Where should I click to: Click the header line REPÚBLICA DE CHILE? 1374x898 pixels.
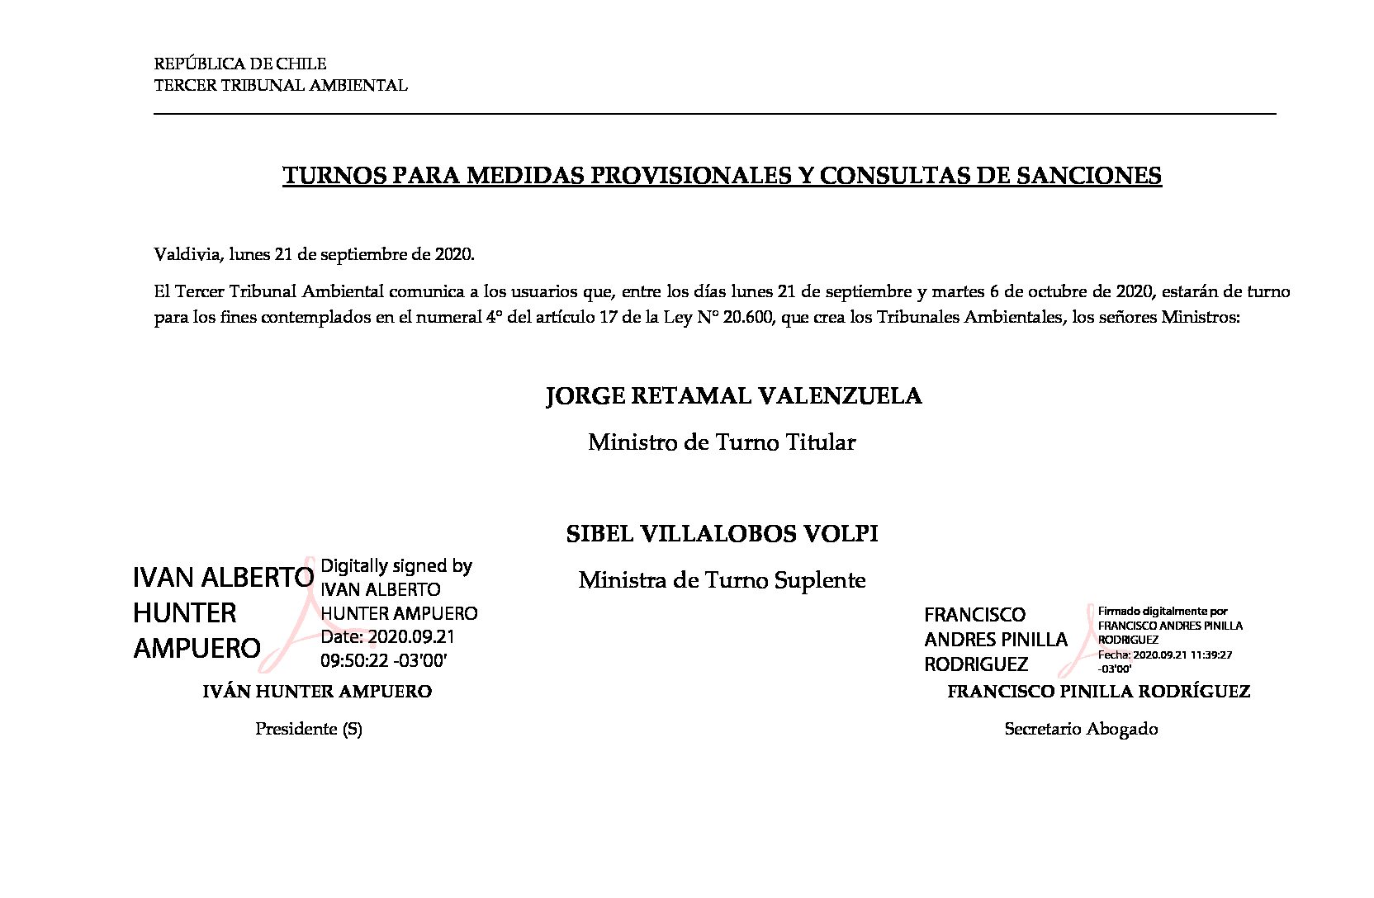click(x=240, y=64)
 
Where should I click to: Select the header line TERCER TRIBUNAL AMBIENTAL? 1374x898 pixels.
click(x=281, y=85)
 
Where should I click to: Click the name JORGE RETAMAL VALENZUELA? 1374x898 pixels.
click(x=733, y=396)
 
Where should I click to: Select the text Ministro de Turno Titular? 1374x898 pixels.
click(x=721, y=442)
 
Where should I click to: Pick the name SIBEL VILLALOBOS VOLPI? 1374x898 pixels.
click(x=722, y=534)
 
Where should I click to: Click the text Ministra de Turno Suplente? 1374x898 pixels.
click(x=722, y=580)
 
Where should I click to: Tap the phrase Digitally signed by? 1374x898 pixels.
click(x=396, y=565)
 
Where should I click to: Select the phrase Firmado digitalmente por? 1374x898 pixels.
click(x=1162, y=612)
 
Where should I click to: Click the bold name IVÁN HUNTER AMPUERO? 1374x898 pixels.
click(x=317, y=692)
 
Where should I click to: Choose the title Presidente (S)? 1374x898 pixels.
click(x=308, y=729)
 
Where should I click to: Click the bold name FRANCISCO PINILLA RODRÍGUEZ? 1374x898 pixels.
click(x=1098, y=692)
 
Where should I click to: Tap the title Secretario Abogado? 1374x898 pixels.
click(x=1081, y=729)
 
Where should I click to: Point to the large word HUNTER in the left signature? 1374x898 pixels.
click(x=184, y=612)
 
